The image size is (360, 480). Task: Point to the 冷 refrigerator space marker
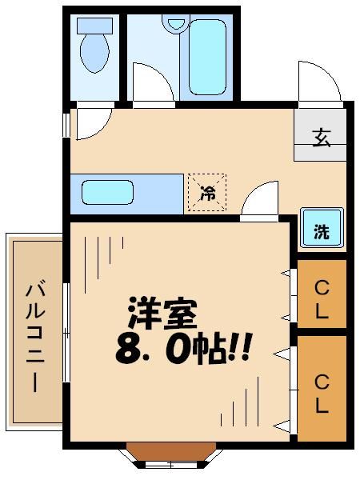[x=207, y=193]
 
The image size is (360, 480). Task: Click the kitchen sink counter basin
[x=107, y=193]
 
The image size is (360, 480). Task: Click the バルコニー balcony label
[x=34, y=336]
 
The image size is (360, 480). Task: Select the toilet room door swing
[x=92, y=124]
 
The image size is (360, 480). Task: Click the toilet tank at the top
[x=95, y=25]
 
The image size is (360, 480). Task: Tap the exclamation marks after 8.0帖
[x=242, y=350]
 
